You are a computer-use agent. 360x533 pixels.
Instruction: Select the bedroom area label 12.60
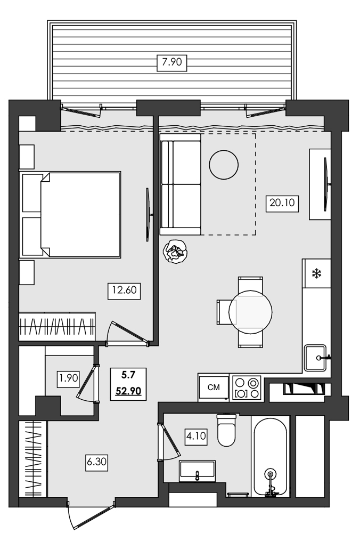(x=123, y=291)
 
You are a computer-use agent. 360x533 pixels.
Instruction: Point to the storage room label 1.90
(x=69, y=379)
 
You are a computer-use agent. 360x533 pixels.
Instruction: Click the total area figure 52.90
(x=128, y=391)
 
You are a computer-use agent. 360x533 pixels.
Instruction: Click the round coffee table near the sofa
(x=223, y=165)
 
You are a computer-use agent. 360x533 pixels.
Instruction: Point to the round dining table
(x=250, y=312)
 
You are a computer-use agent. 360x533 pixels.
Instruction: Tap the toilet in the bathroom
(x=226, y=430)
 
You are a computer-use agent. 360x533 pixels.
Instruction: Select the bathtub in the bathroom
(x=271, y=456)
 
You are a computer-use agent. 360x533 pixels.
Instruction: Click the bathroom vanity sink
(x=197, y=471)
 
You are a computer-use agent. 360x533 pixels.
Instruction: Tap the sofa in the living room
(x=181, y=184)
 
